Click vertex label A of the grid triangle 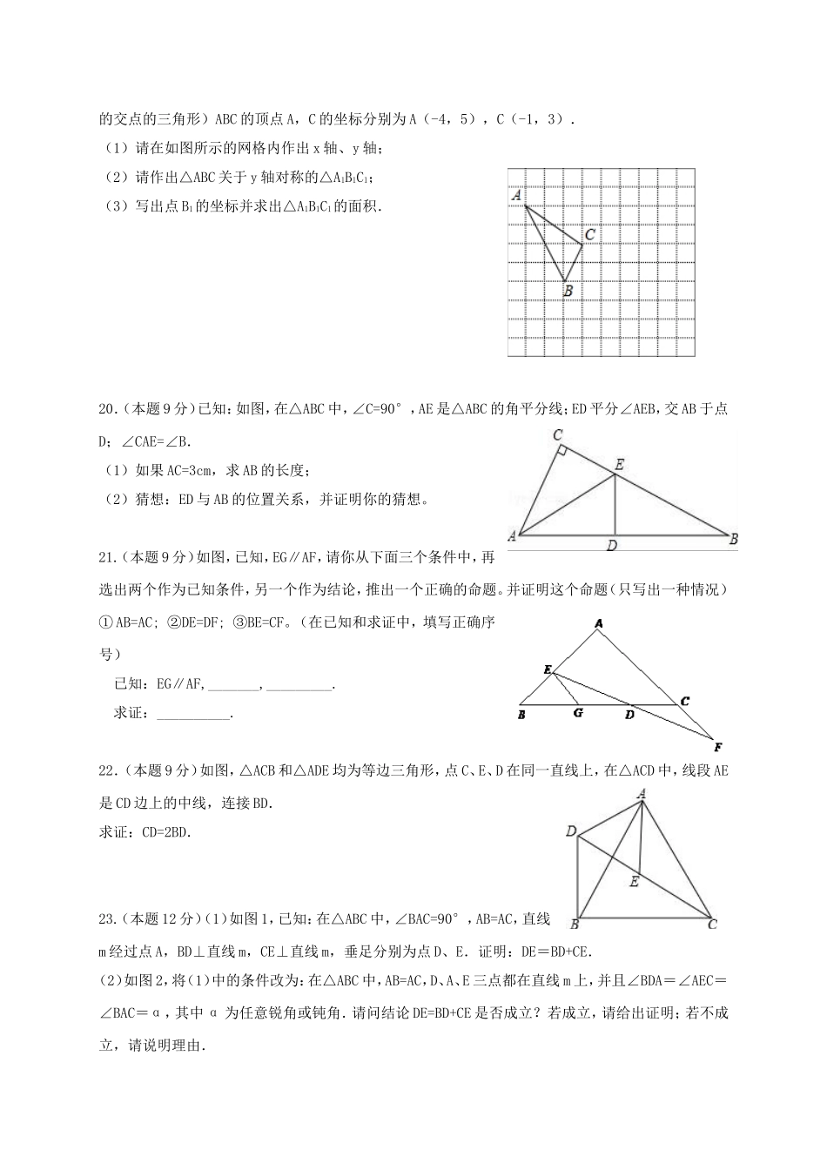pyautogui.click(x=516, y=196)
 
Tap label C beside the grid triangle pyautogui.click(x=589, y=234)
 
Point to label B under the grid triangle pyautogui.click(x=568, y=292)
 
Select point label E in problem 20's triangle pyautogui.click(x=619, y=465)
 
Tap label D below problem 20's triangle pyautogui.click(x=613, y=546)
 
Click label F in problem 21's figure pyautogui.click(x=718, y=747)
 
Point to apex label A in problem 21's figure pyautogui.click(x=599, y=623)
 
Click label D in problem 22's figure pyautogui.click(x=571, y=831)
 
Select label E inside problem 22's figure pyautogui.click(x=634, y=882)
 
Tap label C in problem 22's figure pyautogui.click(x=712, y=924)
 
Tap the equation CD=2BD pyautogui.click(x=165, y=832)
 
